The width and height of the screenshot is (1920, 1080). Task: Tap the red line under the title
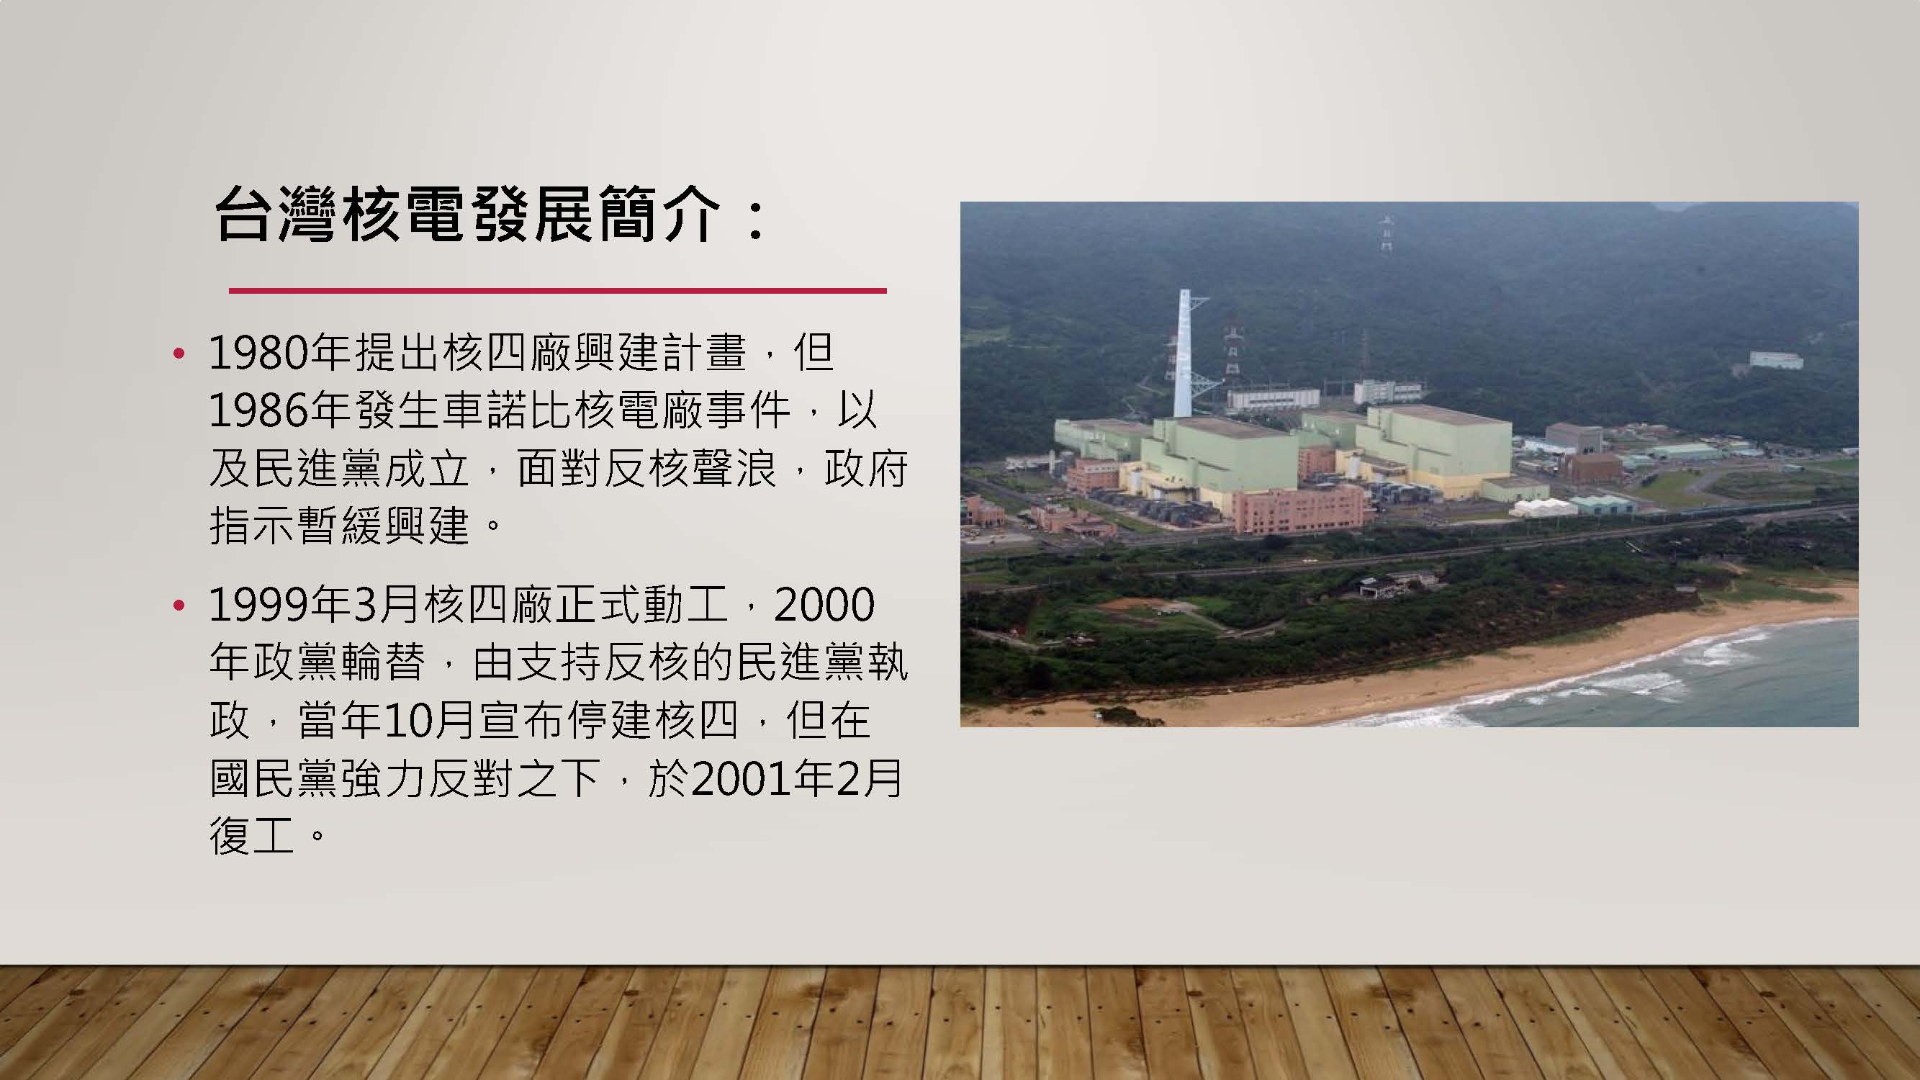557,290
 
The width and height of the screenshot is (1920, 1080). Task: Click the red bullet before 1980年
178,354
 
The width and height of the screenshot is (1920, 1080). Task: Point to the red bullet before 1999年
178,606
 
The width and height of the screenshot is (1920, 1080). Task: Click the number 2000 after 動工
824,606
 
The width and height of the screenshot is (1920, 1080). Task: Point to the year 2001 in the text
742,780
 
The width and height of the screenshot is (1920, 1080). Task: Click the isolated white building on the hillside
1776,361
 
